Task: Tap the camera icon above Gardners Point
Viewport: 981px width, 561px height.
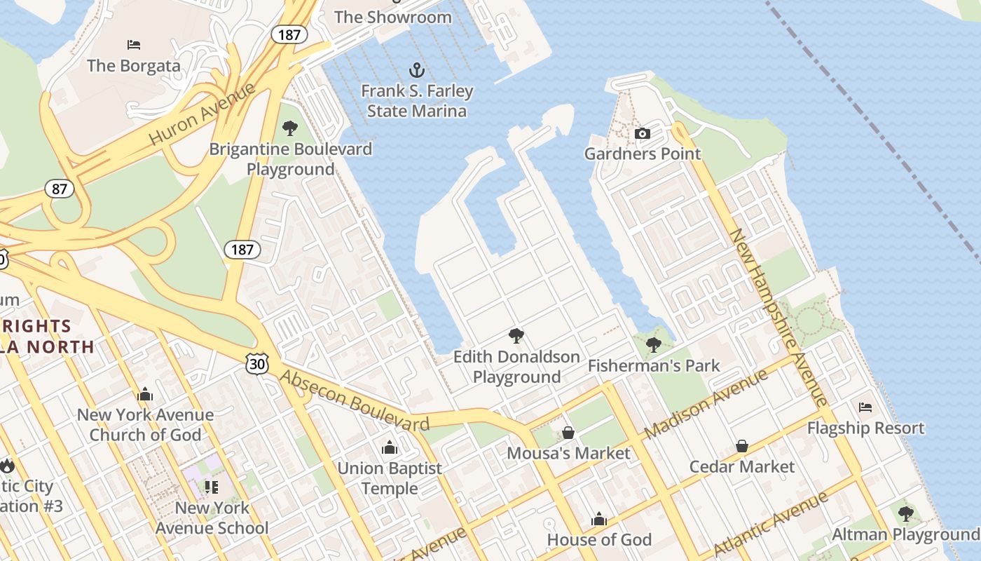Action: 642,133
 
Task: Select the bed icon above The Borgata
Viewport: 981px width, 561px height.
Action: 134,45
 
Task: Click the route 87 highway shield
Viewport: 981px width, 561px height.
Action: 59,188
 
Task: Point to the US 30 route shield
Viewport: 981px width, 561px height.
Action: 256,363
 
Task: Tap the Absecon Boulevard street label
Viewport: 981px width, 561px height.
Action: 354,400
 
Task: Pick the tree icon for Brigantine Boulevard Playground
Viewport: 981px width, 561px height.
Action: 290,128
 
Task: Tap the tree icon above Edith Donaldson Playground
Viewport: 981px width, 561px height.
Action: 516,336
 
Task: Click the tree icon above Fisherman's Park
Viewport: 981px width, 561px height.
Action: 653,345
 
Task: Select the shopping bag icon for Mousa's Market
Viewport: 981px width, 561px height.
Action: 568,433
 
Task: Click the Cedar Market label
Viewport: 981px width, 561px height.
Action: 742,466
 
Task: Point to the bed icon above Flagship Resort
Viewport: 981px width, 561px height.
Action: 865,407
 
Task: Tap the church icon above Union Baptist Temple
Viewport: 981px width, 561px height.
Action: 390,447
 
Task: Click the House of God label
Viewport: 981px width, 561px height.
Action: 599,539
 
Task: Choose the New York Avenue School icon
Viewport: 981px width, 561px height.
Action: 211,487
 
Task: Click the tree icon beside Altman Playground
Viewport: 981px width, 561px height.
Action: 905,514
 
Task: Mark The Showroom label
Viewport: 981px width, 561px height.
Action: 393,17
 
